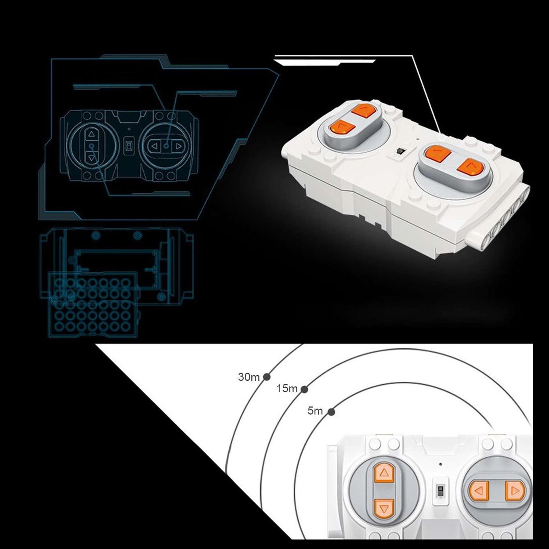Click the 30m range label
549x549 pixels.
[x=249, y=377]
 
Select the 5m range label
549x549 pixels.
[x=315, y=411]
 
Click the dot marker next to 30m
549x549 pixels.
[x=267, y=377]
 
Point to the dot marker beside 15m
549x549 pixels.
[x=304, y=389]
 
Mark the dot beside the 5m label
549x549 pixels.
[x=331, y=412]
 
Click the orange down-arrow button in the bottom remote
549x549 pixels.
[x=383, y=509]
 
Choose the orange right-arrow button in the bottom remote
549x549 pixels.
[x=515, y=491]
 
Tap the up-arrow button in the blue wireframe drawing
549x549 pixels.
[x=91, y=134]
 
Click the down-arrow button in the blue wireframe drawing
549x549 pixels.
[x=91, y=158]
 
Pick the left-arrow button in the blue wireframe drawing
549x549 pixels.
[x=154, y=146]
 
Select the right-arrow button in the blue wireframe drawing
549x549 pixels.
[x=178, y=146]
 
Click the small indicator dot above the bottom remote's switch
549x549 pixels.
[x=441, y=464]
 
